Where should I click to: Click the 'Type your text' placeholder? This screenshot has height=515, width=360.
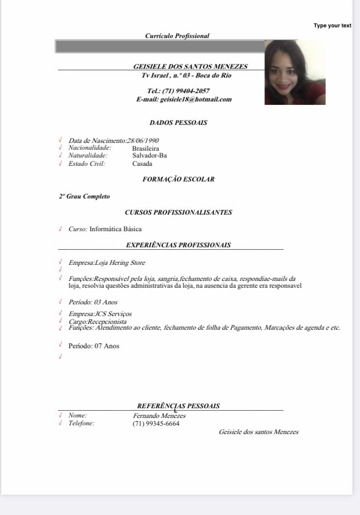pyautogui.click(x=332, y=26)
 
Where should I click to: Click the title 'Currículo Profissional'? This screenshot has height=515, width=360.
pyautogui.click(x=177, y=36)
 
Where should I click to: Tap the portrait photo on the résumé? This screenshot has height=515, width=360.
pyautogui.click(x=295, y=72)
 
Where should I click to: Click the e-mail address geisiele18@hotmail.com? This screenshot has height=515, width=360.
pyautogui.click(x=196, y=99)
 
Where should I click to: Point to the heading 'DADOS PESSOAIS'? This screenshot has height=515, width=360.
pyautogui.click(x=178, y=123)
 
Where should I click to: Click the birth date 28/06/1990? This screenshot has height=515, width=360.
pyautogui.click(x=143, y=141)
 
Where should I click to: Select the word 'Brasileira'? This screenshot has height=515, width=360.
pyautogui.click(x=145, y=149)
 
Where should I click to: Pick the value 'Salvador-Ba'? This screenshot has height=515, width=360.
pyautogui.click(x=149, y=156)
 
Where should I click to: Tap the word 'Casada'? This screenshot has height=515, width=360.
pyautogui.click(x=142, y=164)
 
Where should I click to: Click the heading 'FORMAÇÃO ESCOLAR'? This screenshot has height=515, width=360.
pyautogui.click(x=178, y=179)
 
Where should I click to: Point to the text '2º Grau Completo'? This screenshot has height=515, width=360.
pyautogui.click(x=84, y=197)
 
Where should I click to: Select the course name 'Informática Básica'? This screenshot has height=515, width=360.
pyautogui.click(x=116, y=229)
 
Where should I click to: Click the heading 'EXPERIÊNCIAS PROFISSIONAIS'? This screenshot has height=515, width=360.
pyautogui.click(x=178, y=245)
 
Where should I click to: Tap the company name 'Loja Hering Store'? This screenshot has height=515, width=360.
pyautogui.click(x=120, y=263)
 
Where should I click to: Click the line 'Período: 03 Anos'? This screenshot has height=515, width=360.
pyautogui.click(x=93, y=302)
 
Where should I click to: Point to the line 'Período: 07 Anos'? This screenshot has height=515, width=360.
pyautogui.click(x=94, y=346)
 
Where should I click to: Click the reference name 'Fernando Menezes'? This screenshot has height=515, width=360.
pyautogui.click(x=159, y=416)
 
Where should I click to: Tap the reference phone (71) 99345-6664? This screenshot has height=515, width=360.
pyautogui.click(x=156, y=424)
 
